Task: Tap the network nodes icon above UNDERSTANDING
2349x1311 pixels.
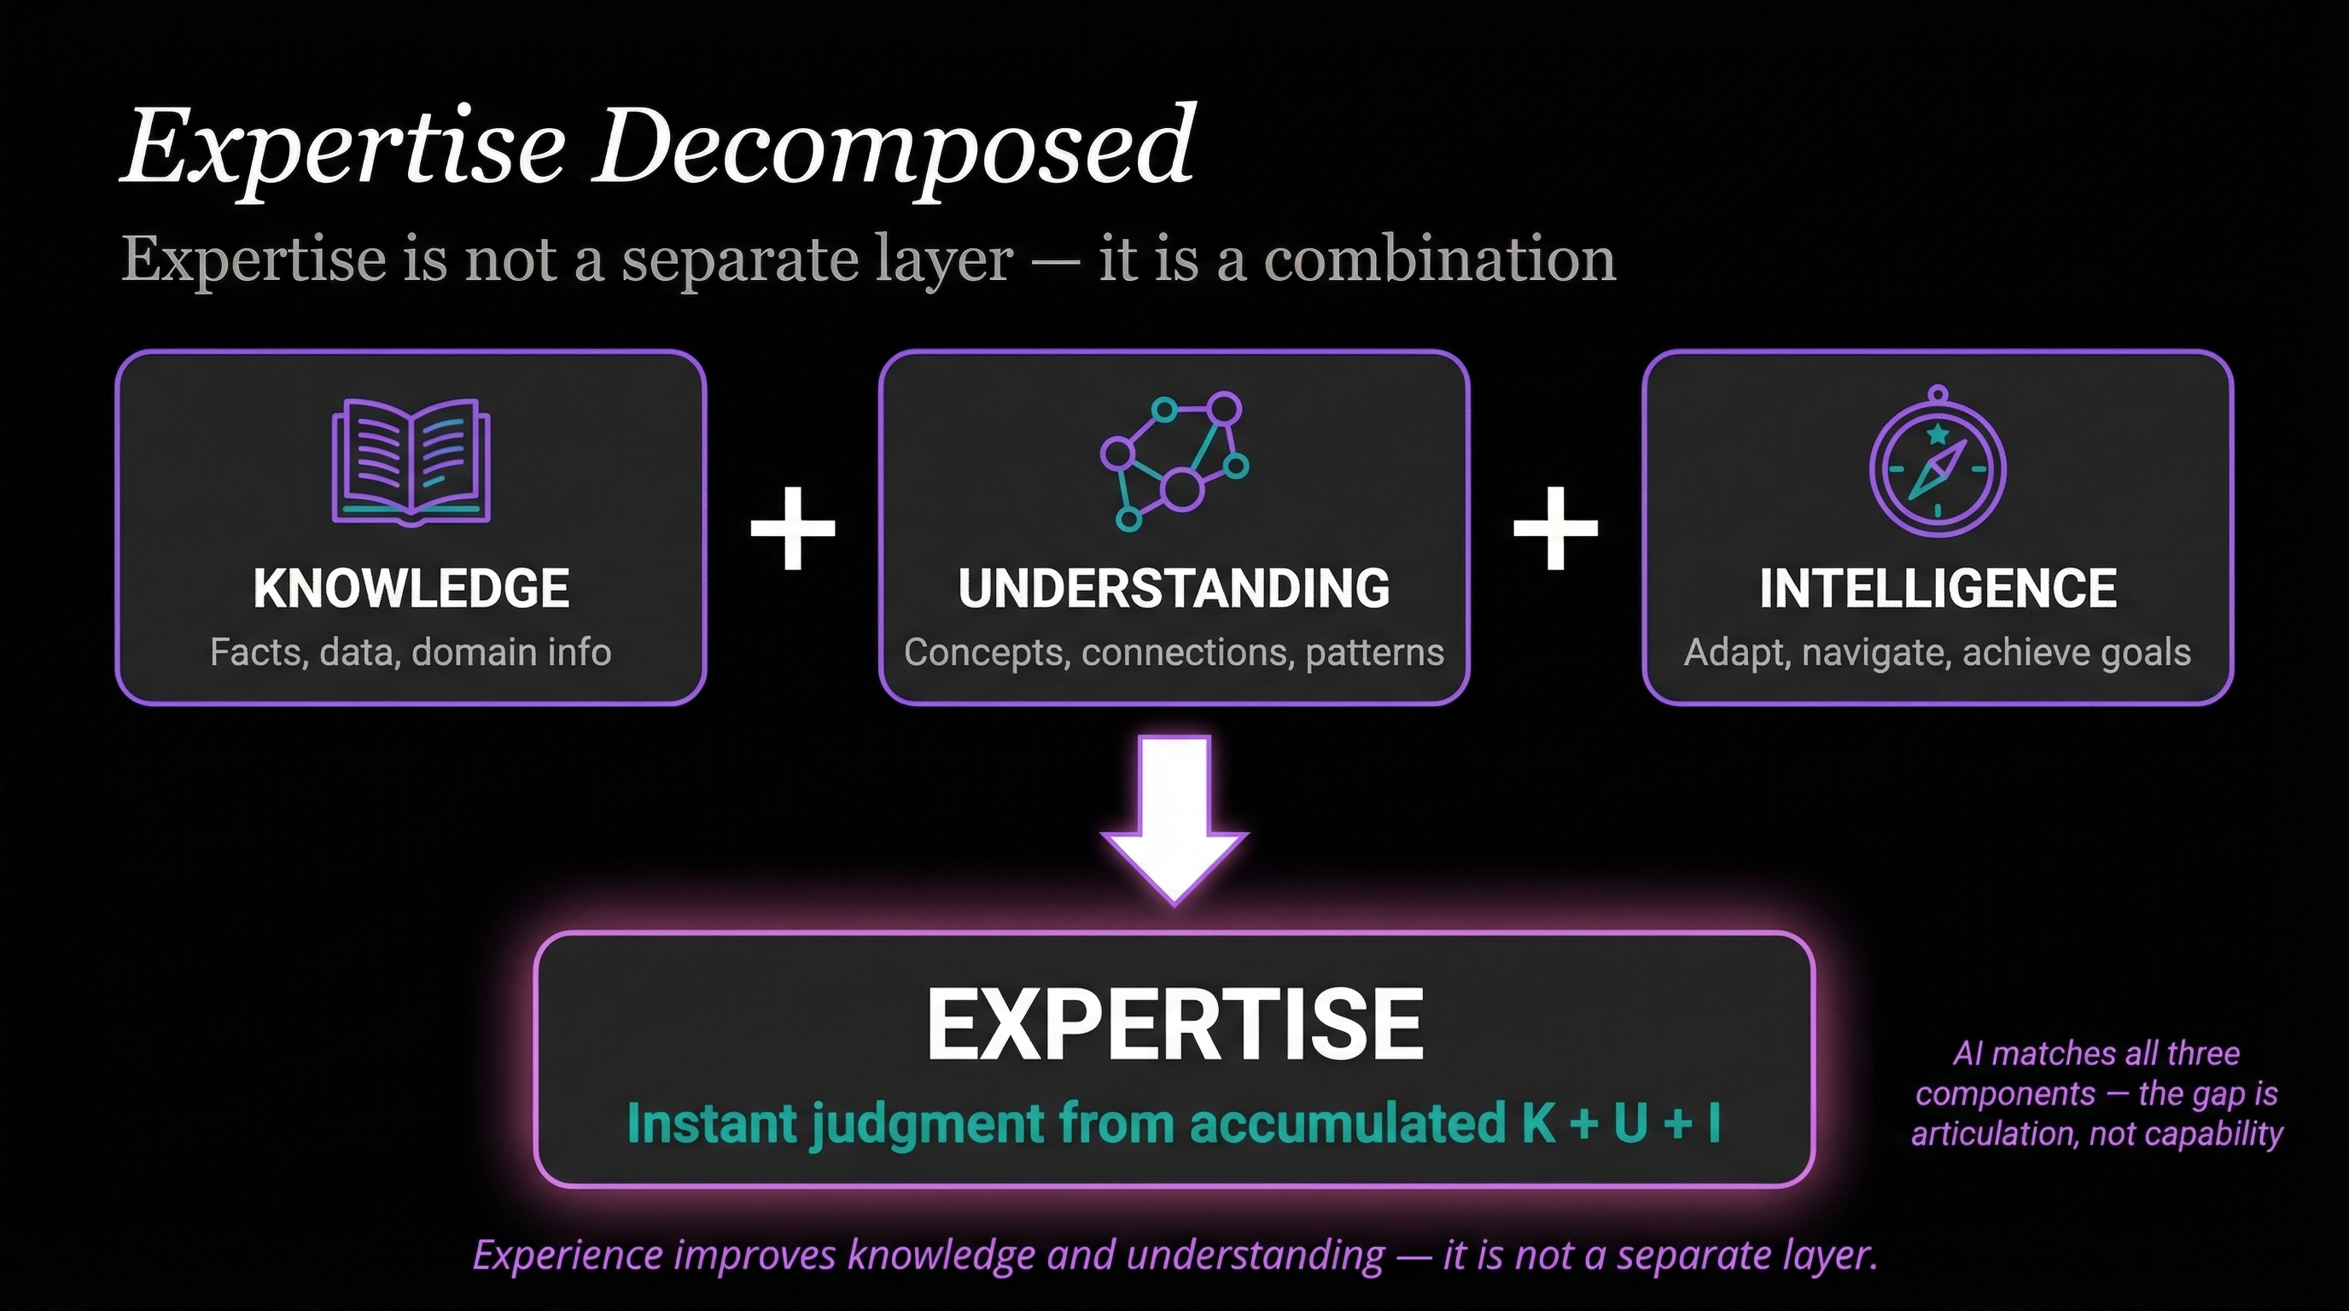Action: click(x=1174, y=461)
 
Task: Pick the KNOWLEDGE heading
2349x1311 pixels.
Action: click(x=411, y=588)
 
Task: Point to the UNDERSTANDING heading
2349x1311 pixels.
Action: click(x=1174, y=588)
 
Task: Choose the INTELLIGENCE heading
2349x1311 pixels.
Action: click(x=1938, y=588)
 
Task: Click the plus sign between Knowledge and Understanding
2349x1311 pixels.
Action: click(x=792, y=527)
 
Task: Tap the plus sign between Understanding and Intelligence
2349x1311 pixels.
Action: click(x=1556, y=527)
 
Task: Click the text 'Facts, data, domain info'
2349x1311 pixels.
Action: click(x=411, y=653)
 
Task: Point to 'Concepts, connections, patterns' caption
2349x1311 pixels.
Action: click(x=1174, y=653)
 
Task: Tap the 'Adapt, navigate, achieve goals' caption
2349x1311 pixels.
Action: click(x=1938, y=653)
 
